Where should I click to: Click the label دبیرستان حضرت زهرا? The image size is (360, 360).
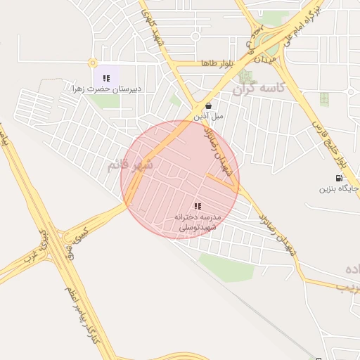pos(107,89)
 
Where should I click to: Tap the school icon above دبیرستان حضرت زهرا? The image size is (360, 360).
pos(105,77)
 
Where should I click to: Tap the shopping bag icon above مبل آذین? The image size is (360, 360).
pos(208,105)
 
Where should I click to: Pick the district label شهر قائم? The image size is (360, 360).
pos(129,166)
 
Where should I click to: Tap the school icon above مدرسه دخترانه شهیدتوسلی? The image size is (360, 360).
pos(198,206)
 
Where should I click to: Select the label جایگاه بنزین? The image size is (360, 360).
pos(335,188)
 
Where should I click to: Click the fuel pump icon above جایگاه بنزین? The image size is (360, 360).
pos(338,178)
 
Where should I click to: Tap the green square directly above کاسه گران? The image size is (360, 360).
pos(244,75)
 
